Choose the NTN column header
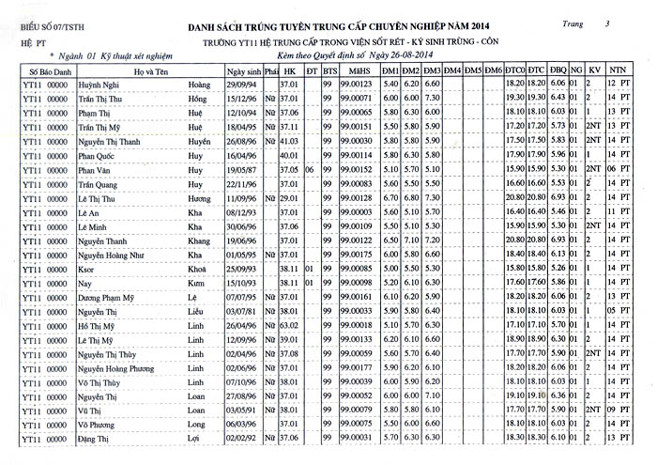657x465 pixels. coord(618,70)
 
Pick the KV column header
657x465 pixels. coord(593,70)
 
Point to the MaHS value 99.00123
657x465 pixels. coord(356,85)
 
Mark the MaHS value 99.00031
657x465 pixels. coord(356,439)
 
